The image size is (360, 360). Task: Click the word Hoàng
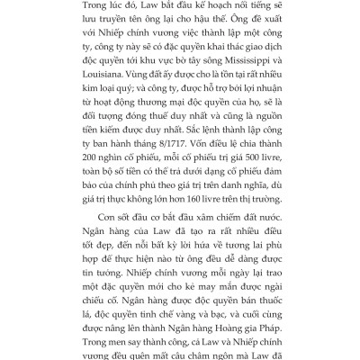pos(225,327)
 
